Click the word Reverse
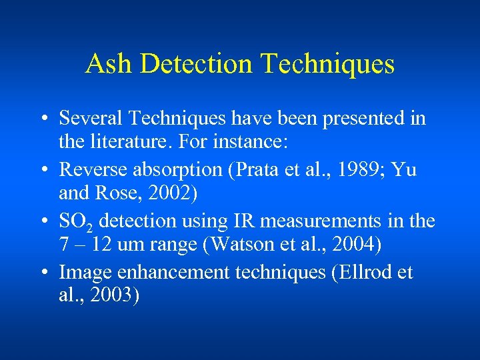(x=91, y=169)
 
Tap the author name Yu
(x=404, y=169)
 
